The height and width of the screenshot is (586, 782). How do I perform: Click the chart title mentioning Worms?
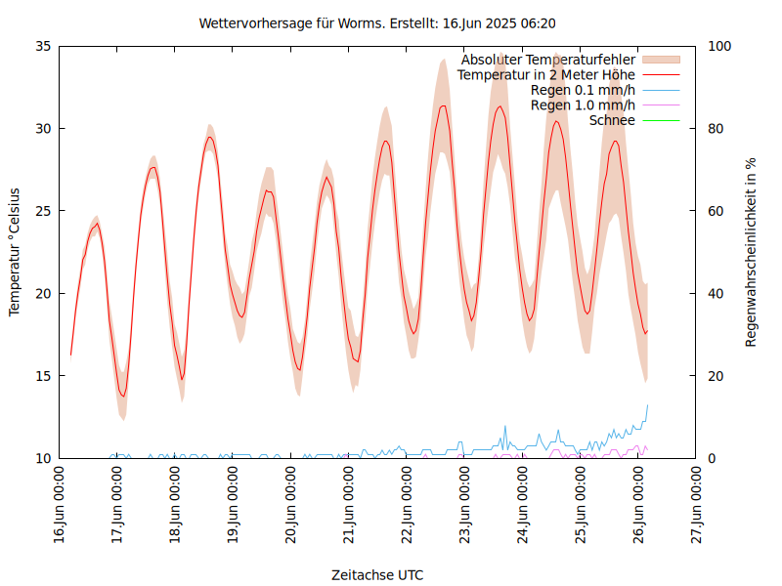[377, 22]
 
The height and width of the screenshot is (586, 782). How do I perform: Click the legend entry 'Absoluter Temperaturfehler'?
[548, 60]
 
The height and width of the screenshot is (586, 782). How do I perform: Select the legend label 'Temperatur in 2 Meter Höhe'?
[546, 74]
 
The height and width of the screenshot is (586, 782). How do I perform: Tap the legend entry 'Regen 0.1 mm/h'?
[583, 90]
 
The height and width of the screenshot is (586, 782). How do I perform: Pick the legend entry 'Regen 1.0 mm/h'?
[583, 105]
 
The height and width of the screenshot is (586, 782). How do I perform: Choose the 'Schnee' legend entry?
[613, 120]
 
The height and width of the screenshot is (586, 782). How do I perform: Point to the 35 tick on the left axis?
[42, 46]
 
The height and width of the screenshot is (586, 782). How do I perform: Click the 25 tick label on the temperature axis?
[42, 211]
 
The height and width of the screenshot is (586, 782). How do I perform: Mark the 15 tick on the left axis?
[42, 376]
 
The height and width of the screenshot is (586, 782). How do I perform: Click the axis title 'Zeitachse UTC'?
[377, 574]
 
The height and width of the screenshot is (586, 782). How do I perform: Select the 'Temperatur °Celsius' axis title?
[15, 251]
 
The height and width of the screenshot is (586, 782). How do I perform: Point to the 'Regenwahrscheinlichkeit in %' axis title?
[752, 251]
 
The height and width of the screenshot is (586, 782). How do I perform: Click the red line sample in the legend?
[660, 74]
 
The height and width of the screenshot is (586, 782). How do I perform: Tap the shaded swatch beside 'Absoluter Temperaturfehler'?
[660, 60]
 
